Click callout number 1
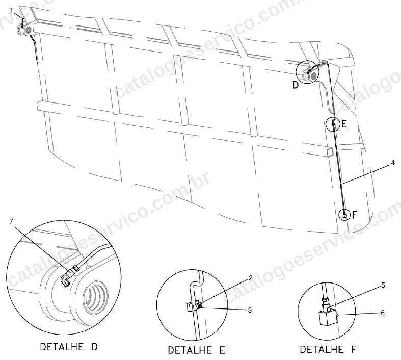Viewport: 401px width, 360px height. tap(11, 10)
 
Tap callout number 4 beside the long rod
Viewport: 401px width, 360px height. tap(392, 163)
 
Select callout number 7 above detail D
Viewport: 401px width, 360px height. tap(11, 221)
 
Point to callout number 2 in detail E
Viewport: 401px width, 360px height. tap(251, 278)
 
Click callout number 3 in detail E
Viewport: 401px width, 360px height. tap(250, 310)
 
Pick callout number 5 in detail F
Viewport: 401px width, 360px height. tap(383, 285)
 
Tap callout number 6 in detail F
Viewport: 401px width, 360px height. tap(383, 313)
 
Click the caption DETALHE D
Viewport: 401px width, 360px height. tap(69, 347)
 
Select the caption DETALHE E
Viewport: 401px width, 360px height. tap(196, 350)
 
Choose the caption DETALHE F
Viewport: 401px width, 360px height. tap(328, 349)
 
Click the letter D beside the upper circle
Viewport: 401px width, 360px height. tap(296, 85)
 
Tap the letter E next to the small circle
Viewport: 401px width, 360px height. tap(344, 124)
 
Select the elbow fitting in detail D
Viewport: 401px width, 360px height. tap(66, 279)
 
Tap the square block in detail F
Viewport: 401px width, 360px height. tap(327, 317)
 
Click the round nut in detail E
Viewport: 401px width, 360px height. tap(200, 305)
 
